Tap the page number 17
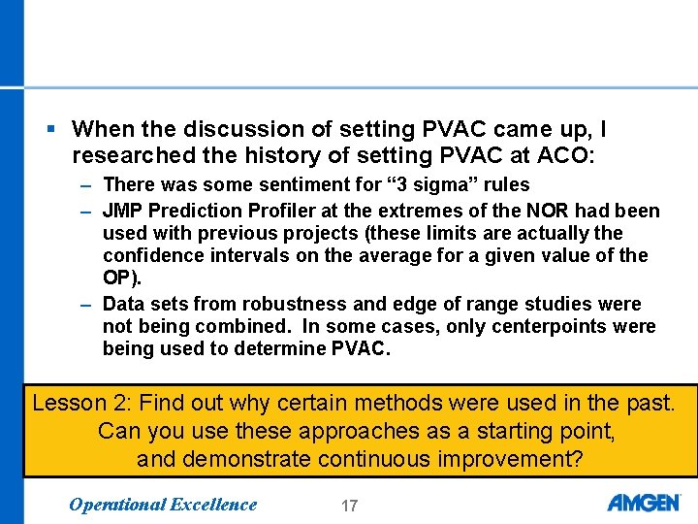(349, 505)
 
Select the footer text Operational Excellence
(164, 504)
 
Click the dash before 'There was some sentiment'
(87, 185)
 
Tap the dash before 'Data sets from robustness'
(87, 305)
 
